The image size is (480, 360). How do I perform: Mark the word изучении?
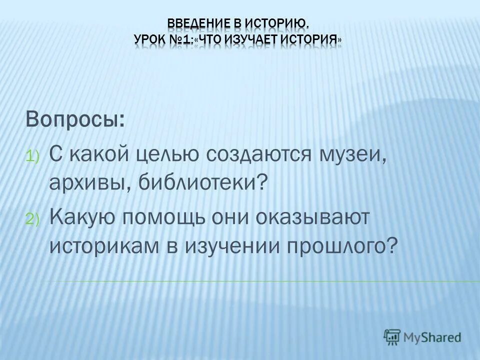click(238, 245)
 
